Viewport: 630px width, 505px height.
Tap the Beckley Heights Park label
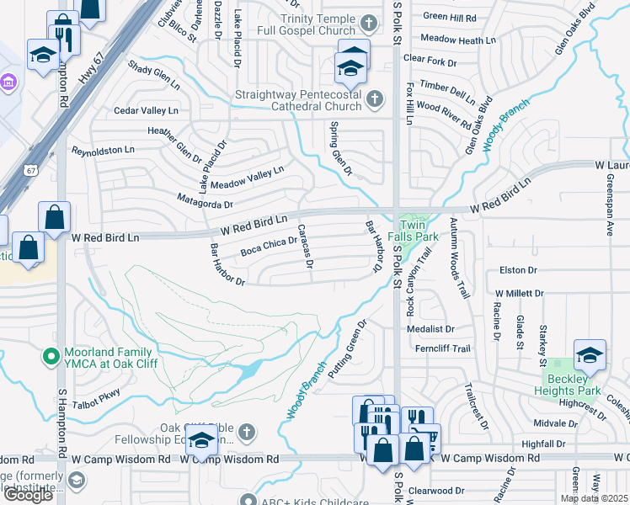pyautogui.click(x=568, y=385)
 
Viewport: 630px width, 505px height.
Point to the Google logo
pyautogui.click(x=28, y=495)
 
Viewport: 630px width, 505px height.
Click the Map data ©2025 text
pyautogui.click(x=594, y=498)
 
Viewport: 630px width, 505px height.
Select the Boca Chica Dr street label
pyautogui.click(x=269, y=247)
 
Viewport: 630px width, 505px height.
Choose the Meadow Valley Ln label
pyautogui.click(x=247, y=177)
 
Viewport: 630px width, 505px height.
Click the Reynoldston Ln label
pyautogui.click(x=103, y=151)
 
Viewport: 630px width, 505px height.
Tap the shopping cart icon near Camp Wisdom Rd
pyautogui.click(x=424, y=438)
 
